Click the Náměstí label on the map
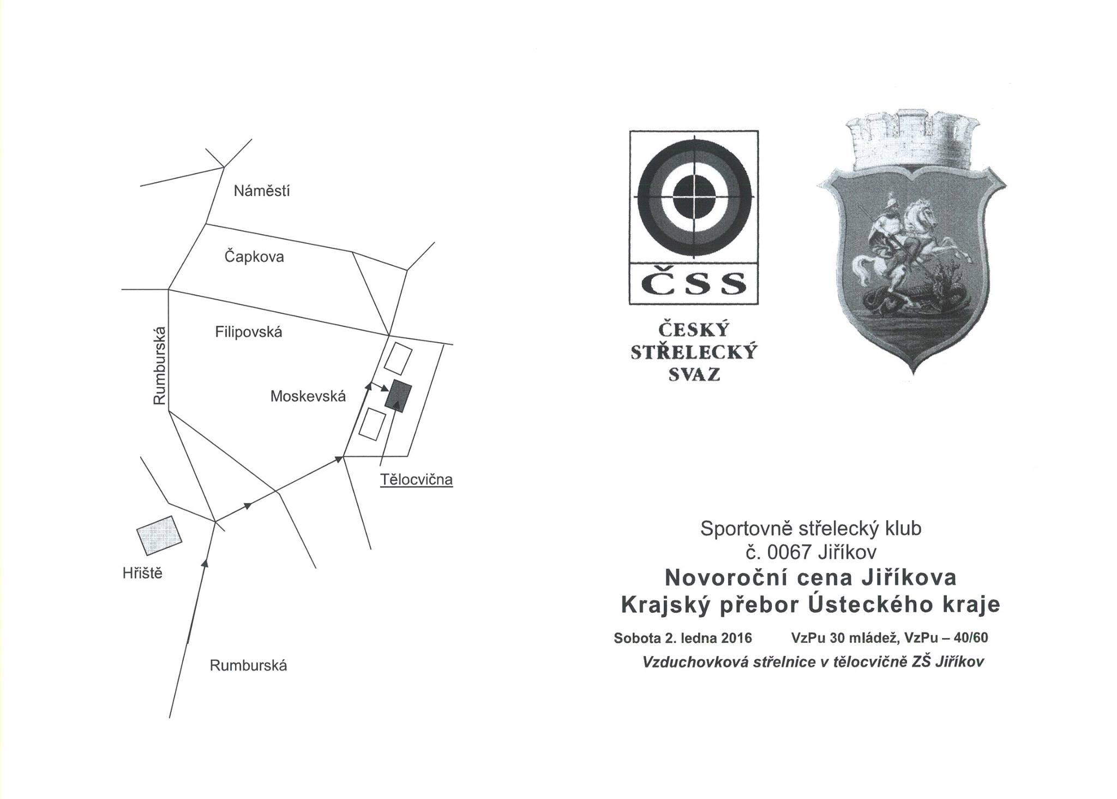click(261, 191)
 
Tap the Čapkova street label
click(254, 257)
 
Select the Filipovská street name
click(248, 332)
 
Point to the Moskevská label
click(308, 397)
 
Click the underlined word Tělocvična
click(417, 480)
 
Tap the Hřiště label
click(143, 573)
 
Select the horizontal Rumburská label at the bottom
click(248, 666)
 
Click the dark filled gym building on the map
click(398, 397)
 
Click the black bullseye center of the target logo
click(694, 196)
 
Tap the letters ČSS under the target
click(694, 284)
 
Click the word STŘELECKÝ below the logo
click(694, 352)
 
